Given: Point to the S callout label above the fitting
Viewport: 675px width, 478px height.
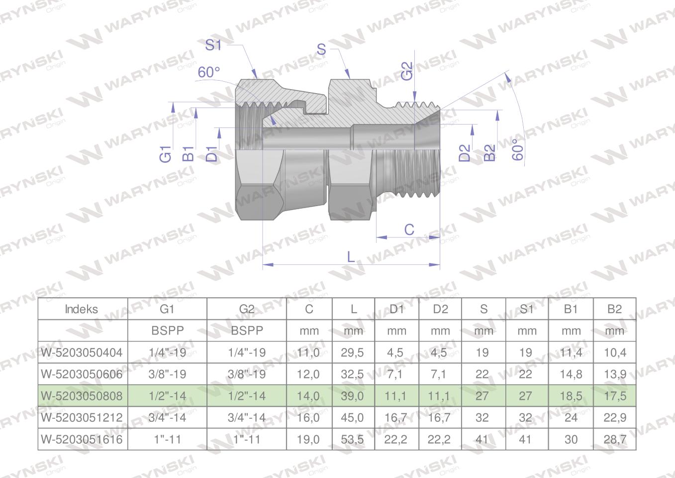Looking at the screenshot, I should pyautogui.click(x=321, y=49).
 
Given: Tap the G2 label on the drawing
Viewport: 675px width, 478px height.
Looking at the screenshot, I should pyautogui.click(x=407, y=71).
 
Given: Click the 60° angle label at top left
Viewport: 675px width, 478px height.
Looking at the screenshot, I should pyautogui.click(x=208, y=72).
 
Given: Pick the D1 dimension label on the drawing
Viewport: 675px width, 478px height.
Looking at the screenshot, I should pyautogui.click(x=212, y=154).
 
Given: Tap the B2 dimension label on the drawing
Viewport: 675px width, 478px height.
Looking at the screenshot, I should pyautogui.click(x=490, y=153).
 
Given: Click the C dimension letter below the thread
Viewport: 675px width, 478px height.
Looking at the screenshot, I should pyautogui.click(x=409, y=230).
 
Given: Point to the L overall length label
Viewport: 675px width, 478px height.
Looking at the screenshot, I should pyautogui.click(x=351, y=257).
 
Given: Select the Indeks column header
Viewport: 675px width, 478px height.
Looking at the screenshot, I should pyautogui.click(x=82, y=309).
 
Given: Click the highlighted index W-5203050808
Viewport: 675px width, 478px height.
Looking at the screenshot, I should pyautogui.click(x=82, y=396).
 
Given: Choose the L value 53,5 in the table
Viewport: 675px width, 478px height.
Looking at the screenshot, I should pyautogui.click(x=352, y=440).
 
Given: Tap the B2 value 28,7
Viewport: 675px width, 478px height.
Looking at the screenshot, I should pyautogui.click(x=615, y=440).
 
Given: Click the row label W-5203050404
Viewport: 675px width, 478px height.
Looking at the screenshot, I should pyautogui.click(x=82, y=353).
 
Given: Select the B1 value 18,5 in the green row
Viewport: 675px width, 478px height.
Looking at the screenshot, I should pyautogui.click(x=571, y=396).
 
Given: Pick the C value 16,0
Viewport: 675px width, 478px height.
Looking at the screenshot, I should pyautogui.click(x=308, y=418).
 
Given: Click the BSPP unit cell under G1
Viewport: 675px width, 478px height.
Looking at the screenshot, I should pyautogui.click(x=167, y=331).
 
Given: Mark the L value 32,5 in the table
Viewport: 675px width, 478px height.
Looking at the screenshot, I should pyautogui.click(x=352, y=374).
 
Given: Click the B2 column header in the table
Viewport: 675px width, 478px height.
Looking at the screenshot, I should pyautogui.click(x=615, y=309).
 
